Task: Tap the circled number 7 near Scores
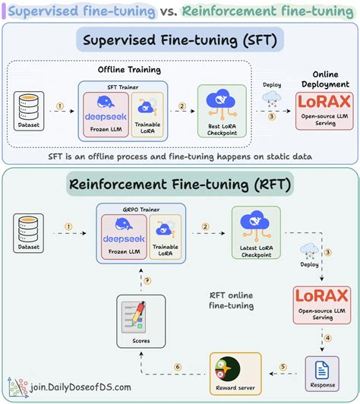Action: coord(149,281)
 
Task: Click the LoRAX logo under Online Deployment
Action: coord(324,103)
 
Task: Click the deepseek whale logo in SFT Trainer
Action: coord(104,106)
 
